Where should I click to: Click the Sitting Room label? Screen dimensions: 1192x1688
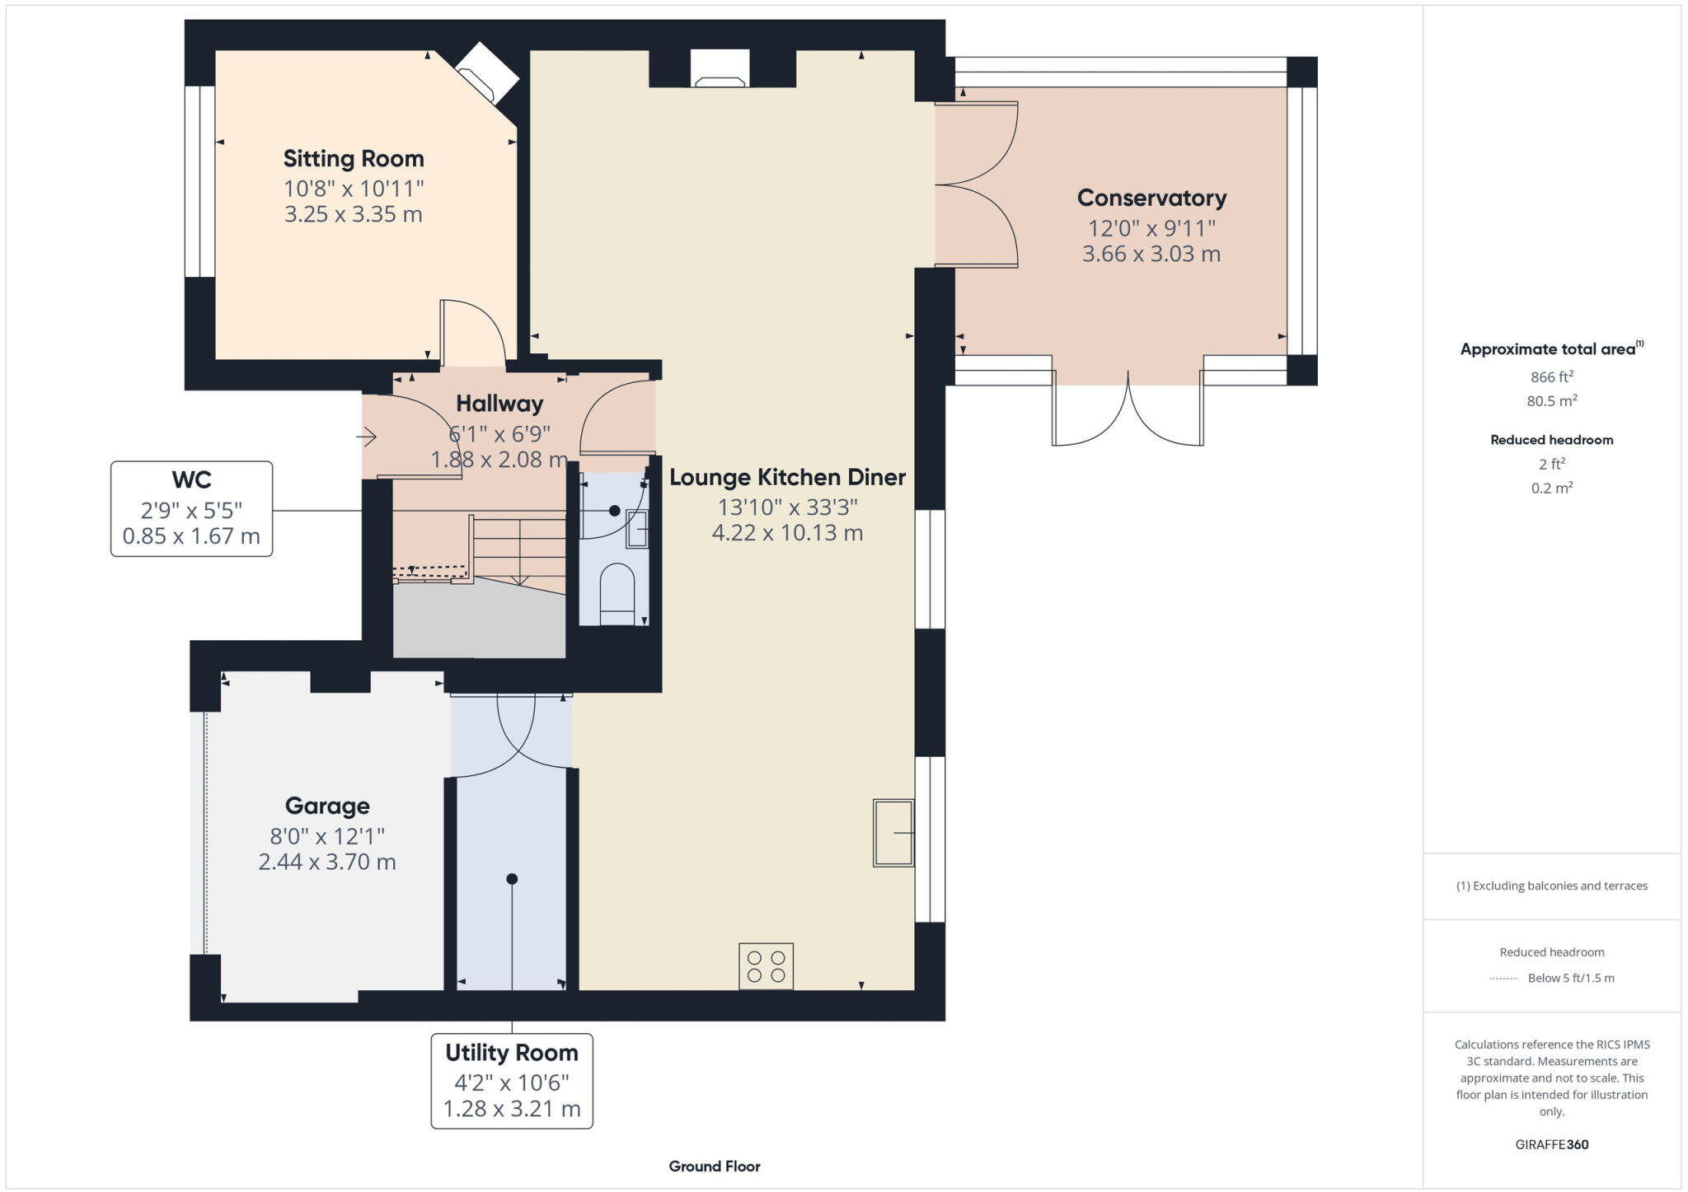click(x=354, y=158)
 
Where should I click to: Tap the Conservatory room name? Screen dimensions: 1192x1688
click(x=1151, y=198)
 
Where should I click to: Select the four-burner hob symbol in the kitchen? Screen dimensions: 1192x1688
click(x=766, y=966)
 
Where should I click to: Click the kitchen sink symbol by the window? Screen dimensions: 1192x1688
click(x=893, y=832)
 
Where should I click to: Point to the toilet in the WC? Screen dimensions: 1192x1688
click(x=617, y=591)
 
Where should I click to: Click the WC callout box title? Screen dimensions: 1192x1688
click(x=191, y=479)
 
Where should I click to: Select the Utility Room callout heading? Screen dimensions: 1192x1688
click(x=511, y=1053)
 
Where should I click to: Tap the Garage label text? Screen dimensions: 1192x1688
click(x=327, y=806)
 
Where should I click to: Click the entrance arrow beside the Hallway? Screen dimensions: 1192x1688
click(x=367, y=437)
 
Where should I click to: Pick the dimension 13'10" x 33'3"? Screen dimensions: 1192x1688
click(x=787, y=507)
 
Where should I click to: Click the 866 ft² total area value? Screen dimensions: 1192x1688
click(x=1551, y=377)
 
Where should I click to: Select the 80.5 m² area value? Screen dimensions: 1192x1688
click(x=1551, y=401)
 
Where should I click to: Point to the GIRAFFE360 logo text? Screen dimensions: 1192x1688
click(x=1551, y=1144)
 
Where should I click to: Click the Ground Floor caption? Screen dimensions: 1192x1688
click(x=714, y=1166)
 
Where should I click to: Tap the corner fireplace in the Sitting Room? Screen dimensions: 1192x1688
click(x=486, y=72)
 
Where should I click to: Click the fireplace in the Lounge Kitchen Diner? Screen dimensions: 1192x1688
click(x=720, y=69)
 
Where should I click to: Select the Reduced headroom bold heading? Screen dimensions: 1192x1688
click(x=1551, y=440)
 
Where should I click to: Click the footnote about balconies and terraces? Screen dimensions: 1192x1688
click(x=1551, y=886)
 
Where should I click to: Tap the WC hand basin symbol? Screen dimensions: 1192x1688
click(x=637, y=528)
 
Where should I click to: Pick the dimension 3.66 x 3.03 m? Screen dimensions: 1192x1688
click(x=1151, y=254)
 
